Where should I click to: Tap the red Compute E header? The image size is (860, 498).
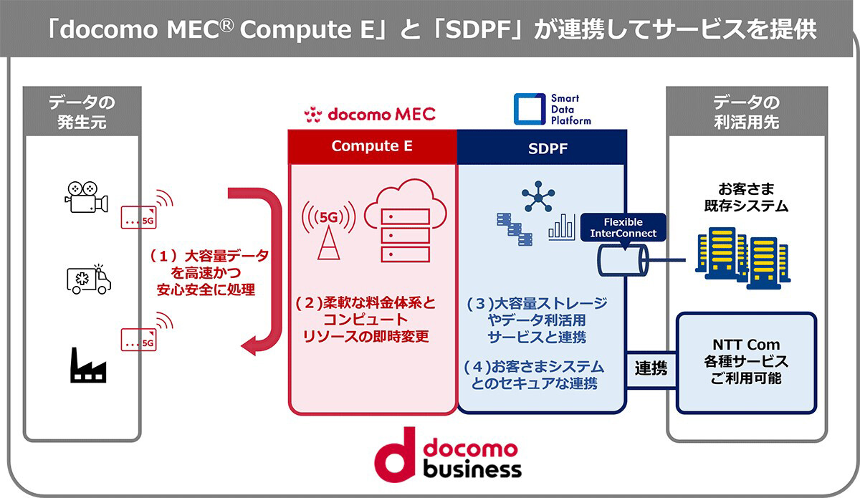pos(372,146)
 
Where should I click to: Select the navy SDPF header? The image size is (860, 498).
pos(542,146)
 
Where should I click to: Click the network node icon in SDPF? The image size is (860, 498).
pos(537,196)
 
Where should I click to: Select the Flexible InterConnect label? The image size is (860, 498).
pos(622,228)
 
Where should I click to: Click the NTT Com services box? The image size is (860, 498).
pos(746,362)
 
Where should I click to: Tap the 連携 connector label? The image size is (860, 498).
pos(651,369)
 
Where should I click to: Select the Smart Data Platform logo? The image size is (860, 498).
pos(552,109)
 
